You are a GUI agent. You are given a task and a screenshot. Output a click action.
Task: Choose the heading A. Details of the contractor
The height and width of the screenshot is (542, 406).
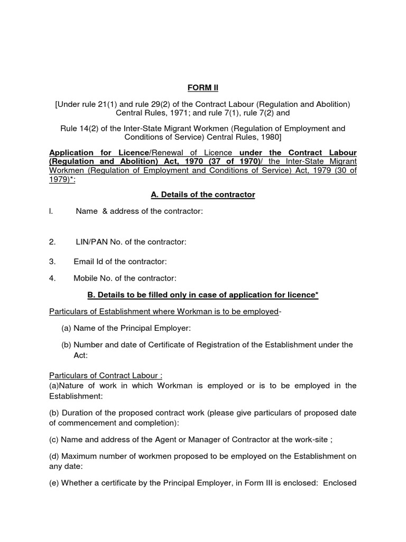pyautogui.click(x=202, y=195)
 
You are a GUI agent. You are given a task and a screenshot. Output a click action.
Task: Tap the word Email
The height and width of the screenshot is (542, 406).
pyautogui.click(x=84, y=261)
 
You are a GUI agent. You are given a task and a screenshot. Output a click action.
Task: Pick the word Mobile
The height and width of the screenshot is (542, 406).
pyautogui.click(x=86, y=278)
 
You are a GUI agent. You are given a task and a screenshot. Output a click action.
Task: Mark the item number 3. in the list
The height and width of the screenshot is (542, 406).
pyautogui.click(x=52, y=261)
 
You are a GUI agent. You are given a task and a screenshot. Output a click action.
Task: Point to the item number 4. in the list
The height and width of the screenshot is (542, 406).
pyautogui.click(x=52, y=278)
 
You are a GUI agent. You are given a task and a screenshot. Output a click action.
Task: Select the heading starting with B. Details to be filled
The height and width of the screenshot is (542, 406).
pyautogui.click(x=202, y=295)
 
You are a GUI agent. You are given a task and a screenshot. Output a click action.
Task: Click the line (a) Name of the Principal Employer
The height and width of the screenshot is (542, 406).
pyautogui.click(x=126, y=328)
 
